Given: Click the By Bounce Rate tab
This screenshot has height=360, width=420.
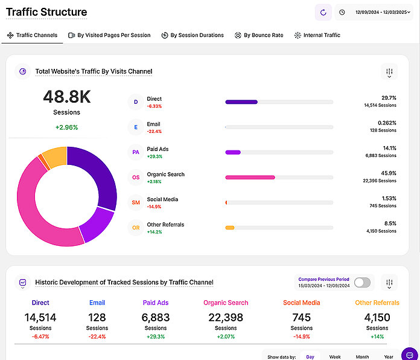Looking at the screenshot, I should [x=259, y=35].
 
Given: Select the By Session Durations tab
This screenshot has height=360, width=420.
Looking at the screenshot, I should [x=192, y=35].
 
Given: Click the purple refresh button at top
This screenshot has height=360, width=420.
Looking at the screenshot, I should [x=323, y=12].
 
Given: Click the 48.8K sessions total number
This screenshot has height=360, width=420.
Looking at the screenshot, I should [x=66, y=97].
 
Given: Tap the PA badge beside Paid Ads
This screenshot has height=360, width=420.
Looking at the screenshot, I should [x=136, y=152].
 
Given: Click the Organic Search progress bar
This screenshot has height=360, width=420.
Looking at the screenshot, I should [x=279, y=178].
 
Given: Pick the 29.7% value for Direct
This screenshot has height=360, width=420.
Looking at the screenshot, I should [x=389, y=97].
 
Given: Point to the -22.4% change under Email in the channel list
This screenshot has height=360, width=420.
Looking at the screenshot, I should [x=154, y=131].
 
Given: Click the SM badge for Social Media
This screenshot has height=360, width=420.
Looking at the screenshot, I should [x=136, y=202].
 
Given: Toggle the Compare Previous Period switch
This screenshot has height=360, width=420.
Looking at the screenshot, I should [x=362, y=282].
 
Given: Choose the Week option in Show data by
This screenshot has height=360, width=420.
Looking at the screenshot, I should [x=334, y=357].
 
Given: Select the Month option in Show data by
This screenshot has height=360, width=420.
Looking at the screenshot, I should [x=362, y=357].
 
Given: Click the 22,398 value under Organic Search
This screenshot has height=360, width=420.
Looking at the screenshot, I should [x=226, y=317].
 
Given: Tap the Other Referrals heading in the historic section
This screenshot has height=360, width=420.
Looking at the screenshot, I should [x=377, y=303].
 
